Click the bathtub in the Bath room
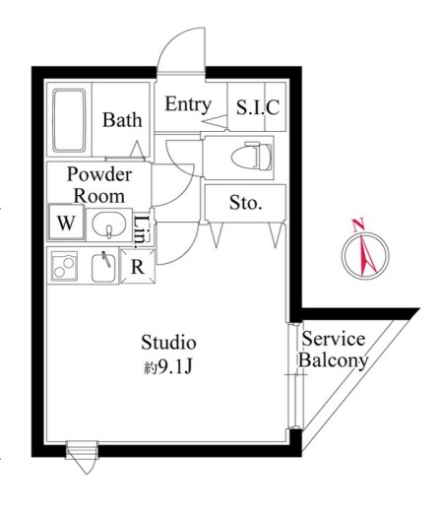[x=69, y=120]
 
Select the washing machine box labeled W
[x=66, y=223]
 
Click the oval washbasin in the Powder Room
[x=109, y=224]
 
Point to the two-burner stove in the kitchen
[x=64, y=266]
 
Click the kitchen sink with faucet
[x=103, y=267]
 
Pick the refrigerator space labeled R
[x=138, y=267]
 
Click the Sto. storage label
[x=245, y=203]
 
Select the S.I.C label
[x=258, y=107]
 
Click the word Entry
[x=188, y=104]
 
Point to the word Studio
[x=168, y=343]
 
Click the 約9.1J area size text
[x=168, y=366]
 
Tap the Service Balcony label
[x=334, y=350]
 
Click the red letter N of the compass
[x=358, y=226]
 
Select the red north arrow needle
[x=367, y=255]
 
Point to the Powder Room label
[x=99, y=185]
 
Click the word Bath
[x=122, y=120]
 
